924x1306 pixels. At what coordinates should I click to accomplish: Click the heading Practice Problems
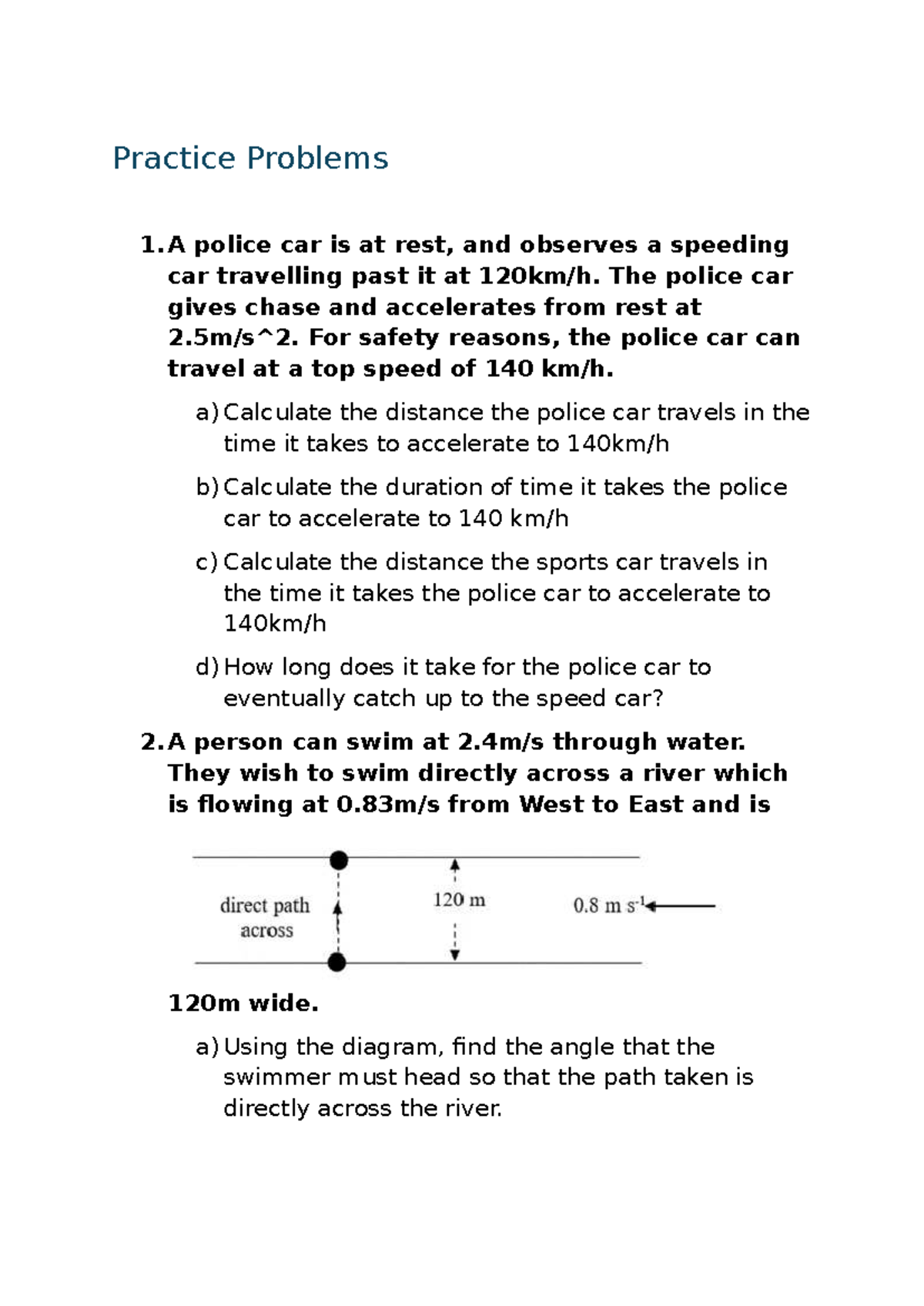(x=250, y=159)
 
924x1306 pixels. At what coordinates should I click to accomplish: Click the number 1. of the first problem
(x=151, y=245)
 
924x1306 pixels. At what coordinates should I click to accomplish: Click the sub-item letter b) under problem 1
(x=207, y=487)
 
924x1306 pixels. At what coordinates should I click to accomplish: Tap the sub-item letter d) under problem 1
(x=207, y=667)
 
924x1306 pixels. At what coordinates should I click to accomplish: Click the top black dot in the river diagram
(x=339, y=860)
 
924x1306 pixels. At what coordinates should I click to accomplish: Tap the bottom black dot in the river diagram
(x=337, y=962)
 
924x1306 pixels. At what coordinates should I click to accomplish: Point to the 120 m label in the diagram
(x=459, y=899)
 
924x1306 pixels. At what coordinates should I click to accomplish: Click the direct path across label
(x=266, y=917)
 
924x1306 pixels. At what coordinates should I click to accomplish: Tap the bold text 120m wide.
(x=243, y=1003)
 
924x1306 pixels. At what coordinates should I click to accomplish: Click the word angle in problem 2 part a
(x=581, y=1046)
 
